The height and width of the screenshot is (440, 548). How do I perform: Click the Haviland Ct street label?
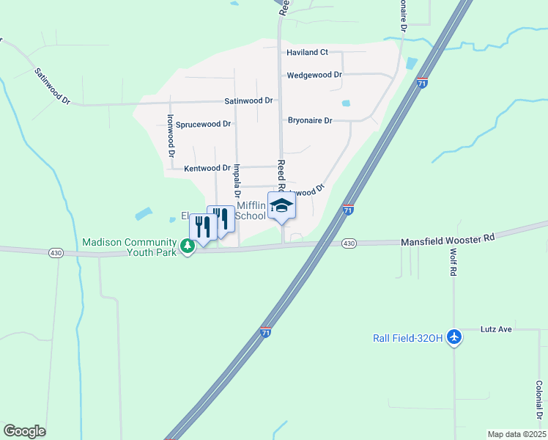click(x=307, y=53)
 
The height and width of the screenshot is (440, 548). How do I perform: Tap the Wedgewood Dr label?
click(x=315, y=75)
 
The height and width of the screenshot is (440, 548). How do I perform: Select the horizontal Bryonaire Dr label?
click(x=310, y=120)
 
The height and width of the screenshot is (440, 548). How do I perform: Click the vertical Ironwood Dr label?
click(x=170, y=136)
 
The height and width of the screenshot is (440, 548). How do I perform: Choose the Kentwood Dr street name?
click(x=207, y=168)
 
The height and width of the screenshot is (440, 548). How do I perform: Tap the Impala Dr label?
click(x=237, y=181)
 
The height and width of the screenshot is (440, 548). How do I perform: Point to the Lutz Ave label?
click(x=496, y=329)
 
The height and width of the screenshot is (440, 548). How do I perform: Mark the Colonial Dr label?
click(x=538, y=399)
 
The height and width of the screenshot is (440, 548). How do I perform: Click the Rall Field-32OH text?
click(x=407, y=337)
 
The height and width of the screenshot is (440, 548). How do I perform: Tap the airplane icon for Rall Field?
click(x=454, y=337)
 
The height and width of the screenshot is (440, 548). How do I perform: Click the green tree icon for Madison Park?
click(x=188, y=246)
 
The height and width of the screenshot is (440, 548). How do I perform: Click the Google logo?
click(x=24, y=431)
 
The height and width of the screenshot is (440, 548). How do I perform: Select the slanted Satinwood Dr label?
click(x=51, y=86)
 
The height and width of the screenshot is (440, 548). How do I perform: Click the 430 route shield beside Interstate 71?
click(x=349, y=243)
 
